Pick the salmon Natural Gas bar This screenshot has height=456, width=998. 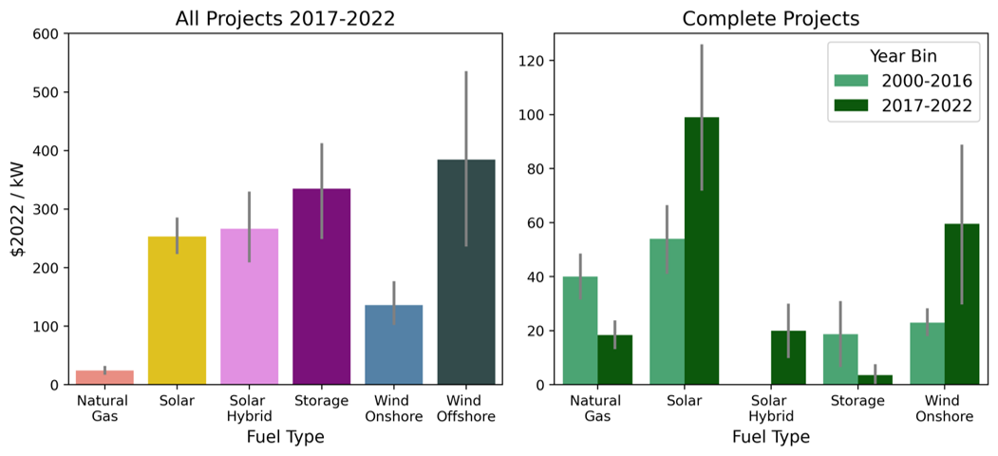click(104, 377)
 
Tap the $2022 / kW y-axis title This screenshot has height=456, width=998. click(17, 209)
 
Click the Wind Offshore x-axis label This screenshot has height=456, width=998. click(466, 408)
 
